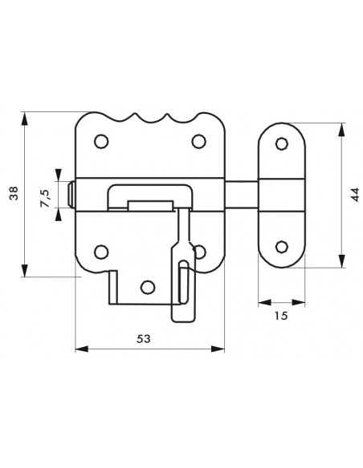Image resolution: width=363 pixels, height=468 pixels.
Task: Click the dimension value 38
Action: (x=14, y=193)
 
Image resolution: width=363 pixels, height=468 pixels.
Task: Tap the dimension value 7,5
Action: (x=45, y=199)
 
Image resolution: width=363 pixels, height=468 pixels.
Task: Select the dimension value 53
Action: (x=144, y=339)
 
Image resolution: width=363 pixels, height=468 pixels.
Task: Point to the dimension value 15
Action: (x=281, y=316)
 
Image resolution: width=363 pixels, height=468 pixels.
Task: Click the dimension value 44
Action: (x=355, y=195)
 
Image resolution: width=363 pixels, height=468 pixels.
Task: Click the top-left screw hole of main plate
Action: (x=101, y=141)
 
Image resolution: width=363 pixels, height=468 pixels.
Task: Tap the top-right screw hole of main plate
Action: (x=199, y=141)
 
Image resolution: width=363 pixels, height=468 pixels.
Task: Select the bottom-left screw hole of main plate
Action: (x=101, y=252)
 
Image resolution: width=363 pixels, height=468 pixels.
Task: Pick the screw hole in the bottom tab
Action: (x=148, y=287)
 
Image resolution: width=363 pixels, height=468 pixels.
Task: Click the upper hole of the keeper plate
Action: (x=281, y=143)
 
